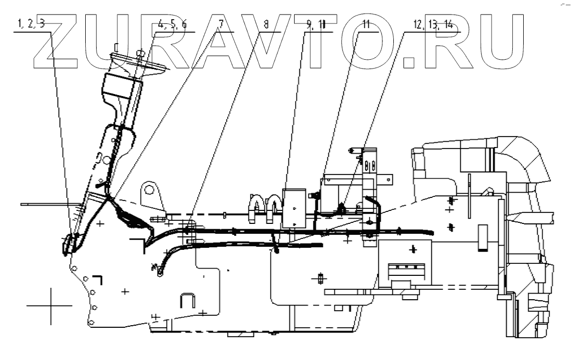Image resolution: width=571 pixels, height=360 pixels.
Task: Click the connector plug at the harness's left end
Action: click(68, 244)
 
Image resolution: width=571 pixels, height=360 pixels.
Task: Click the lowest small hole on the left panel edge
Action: click(91, 323)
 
